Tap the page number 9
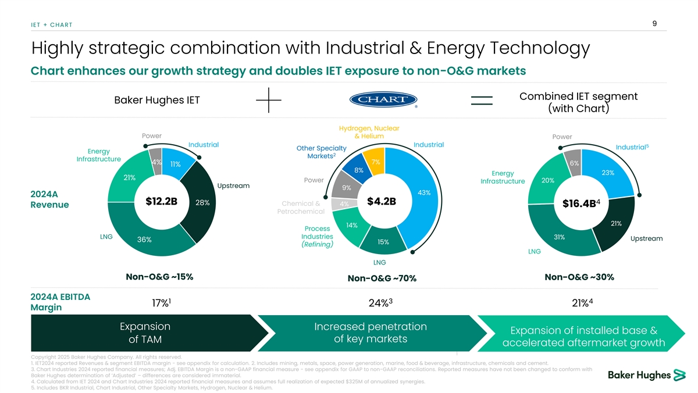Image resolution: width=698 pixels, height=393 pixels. click(655, 23)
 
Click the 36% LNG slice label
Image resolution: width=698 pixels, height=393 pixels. click(145, 240)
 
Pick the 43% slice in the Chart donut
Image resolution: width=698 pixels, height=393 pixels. click(424, 192)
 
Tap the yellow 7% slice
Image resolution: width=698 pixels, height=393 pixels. click(375, 161)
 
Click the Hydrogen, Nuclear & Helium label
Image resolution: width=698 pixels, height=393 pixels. click(369, 132)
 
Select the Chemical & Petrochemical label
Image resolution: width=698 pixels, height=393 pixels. click(301, 208)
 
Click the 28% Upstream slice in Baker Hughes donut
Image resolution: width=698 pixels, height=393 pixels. click(202, 202)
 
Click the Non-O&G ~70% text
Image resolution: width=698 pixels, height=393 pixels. click(382, 279)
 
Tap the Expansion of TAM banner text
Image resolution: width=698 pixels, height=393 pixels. click(144, 333)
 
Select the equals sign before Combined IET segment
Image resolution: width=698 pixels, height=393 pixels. click(482, 101)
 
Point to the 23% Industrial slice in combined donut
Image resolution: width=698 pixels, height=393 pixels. click(608, 173)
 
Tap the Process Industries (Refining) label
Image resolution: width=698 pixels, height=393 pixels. click(317, 237)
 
